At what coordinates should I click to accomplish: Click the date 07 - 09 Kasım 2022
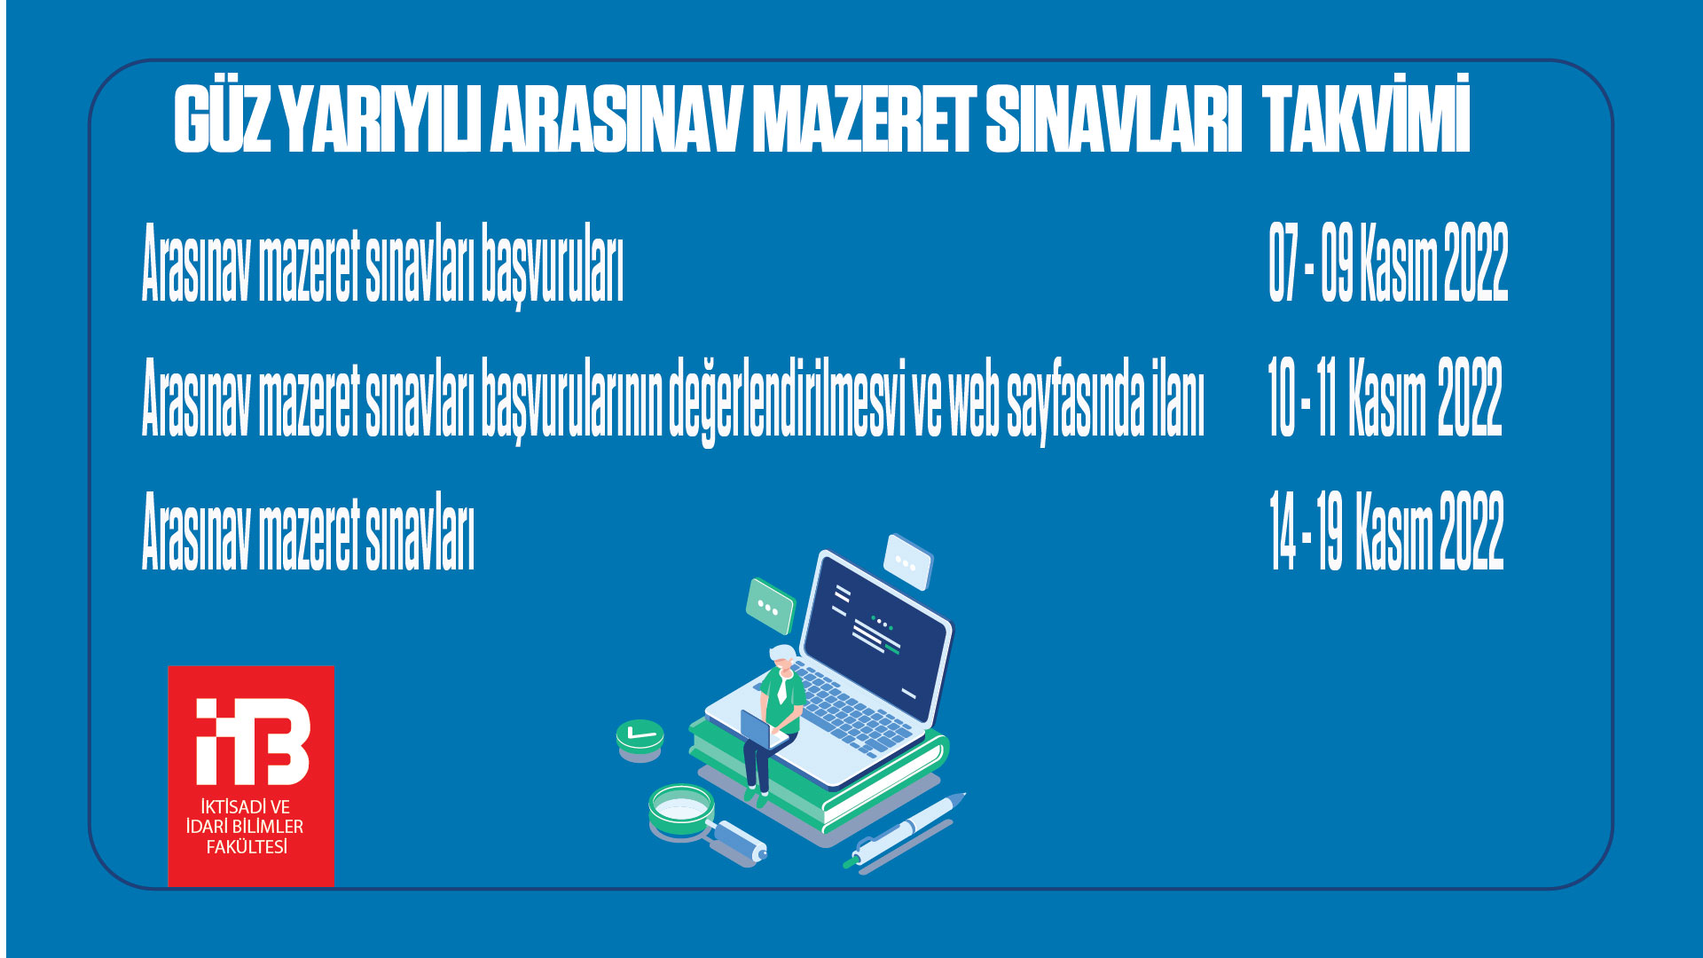(1388, 263)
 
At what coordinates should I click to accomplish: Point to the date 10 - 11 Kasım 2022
(1385, 397)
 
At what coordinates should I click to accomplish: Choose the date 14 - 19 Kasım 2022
(1386, 530)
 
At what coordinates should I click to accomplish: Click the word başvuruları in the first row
(553, 264)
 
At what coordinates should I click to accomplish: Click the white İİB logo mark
(252, 742)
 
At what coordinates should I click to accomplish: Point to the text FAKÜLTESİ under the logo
(247, 847)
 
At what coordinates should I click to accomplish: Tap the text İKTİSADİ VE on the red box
(246, 806)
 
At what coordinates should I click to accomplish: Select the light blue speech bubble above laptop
(908, 561)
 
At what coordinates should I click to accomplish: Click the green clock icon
(640, 739)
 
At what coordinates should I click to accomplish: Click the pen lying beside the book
(904, 830)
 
